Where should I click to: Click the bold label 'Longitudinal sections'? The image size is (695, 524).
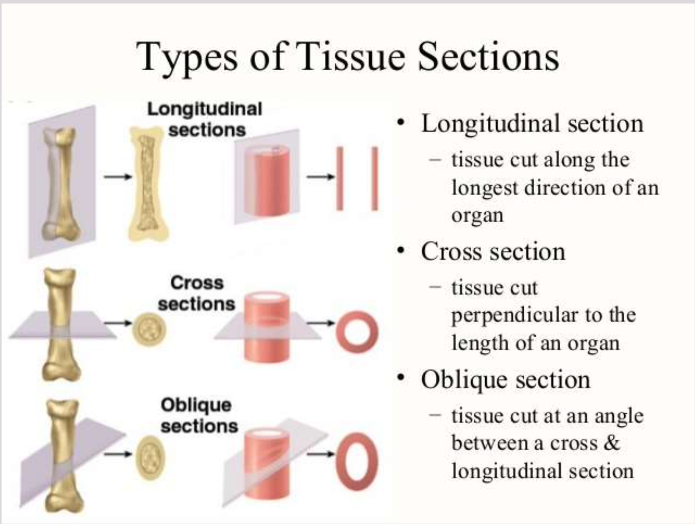click(205, 119)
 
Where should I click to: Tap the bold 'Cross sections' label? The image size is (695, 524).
click(197, 293)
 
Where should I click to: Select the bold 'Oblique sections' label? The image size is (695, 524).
click(199, 415)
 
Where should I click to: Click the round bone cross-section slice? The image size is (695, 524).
click(149, 330)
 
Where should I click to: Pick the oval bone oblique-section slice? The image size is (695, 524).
click(150, 458)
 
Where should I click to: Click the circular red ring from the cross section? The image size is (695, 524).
click(356, 332)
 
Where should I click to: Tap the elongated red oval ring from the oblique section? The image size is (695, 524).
click(356, 458)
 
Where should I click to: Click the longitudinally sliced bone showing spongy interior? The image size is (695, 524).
click(147, 184)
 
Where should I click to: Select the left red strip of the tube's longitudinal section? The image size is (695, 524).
click(340, 178)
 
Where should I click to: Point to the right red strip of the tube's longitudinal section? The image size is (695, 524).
click(375, 178)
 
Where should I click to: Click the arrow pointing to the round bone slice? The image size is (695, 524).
click(118, 323)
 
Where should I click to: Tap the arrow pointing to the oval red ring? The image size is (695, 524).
click(321, 454)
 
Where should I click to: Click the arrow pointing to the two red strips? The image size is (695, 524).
click(321, 177)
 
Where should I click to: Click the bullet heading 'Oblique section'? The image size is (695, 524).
click(505, 380)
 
